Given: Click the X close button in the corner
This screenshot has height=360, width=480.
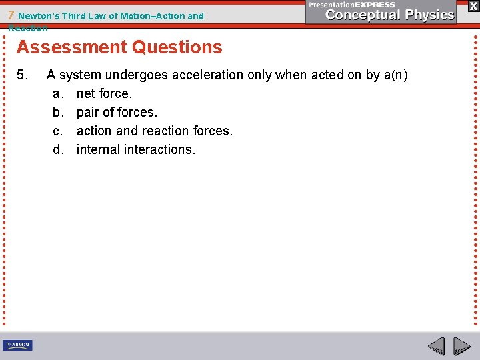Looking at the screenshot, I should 473,6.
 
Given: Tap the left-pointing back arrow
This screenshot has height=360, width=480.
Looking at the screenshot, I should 436,346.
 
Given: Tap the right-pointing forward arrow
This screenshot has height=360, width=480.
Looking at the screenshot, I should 462,346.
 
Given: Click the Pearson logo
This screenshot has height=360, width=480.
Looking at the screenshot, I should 17,345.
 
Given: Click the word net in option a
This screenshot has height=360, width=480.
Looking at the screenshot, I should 86,93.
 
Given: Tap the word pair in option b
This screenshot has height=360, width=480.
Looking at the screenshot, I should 89,112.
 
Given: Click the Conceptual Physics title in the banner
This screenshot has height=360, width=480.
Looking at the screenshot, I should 391,15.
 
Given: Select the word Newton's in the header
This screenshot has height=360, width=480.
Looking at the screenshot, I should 41,16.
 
